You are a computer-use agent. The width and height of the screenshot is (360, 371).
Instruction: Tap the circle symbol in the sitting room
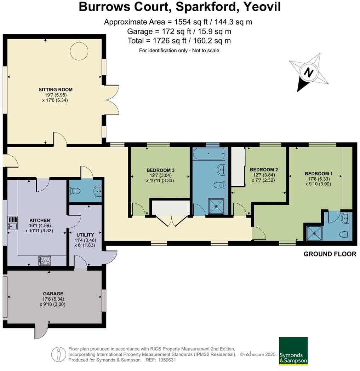pyautogui.click(x=77, y=52)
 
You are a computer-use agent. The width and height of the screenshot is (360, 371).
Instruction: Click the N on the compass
pyautogui.click(x=309, y=73)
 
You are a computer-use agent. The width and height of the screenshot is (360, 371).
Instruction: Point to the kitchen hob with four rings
pyautogui.click(x=45, y=261)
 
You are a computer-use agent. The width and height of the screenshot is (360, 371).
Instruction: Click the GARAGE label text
pyautogui.click(x=53, y=294)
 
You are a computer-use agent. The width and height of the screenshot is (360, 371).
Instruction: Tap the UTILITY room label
pyautogui.click(x=85, y=235)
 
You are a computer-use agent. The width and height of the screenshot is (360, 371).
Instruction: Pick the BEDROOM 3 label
pyautogui.click(x=160, y=170)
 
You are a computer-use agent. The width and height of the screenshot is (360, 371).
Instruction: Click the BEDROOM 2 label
pyautogui.click(x=264, y=170)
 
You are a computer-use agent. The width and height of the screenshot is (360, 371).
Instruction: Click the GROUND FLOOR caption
pyautogui.click(x=330, y=254)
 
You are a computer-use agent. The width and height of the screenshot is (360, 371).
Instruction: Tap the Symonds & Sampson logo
pyautogui.click(x=293, y=351)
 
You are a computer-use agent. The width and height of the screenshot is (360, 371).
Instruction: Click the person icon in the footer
pyautogui.click(x=58, y=354)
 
